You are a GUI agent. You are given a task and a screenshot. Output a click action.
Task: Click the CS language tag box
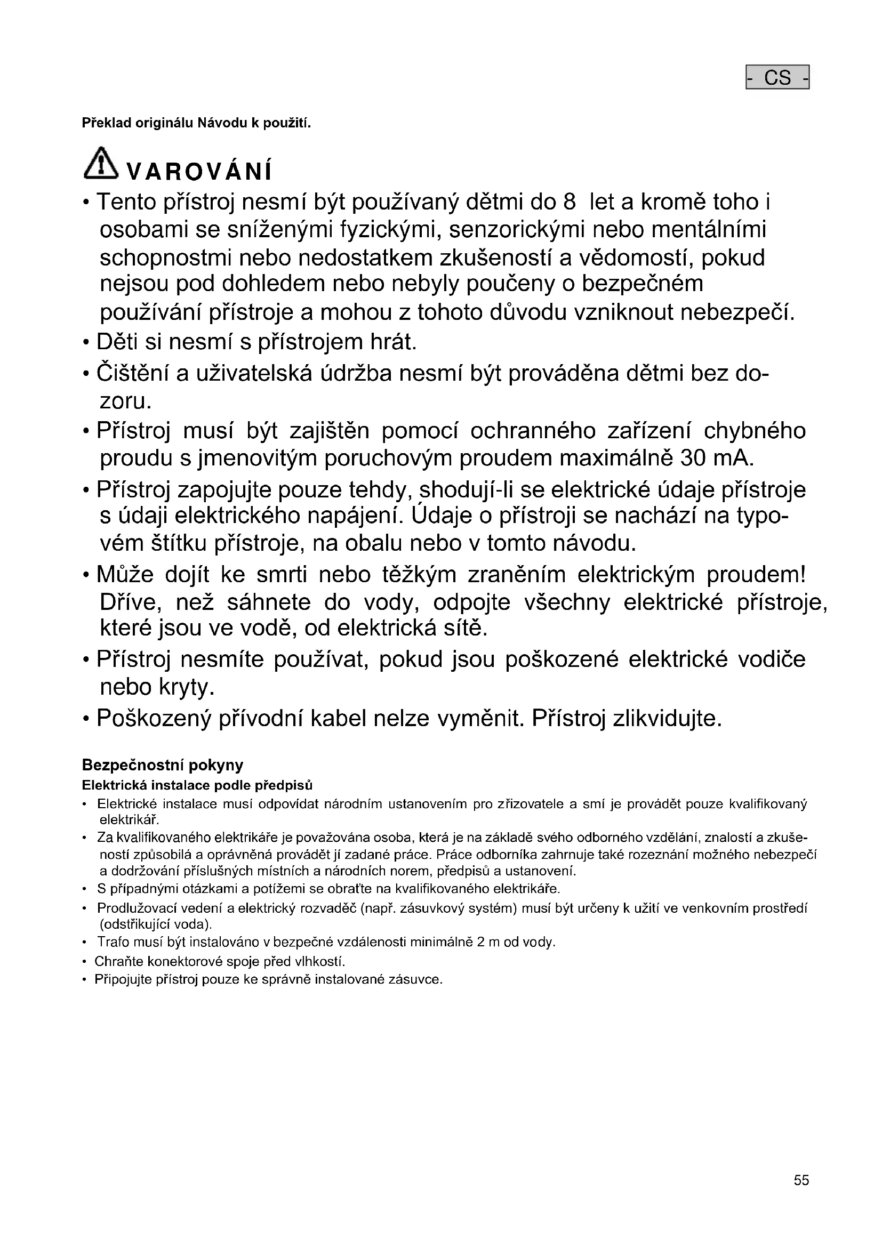[x=777, y=78]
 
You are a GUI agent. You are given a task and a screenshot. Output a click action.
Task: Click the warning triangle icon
[x=100, y=164]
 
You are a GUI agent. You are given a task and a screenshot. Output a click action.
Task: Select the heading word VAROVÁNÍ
[x=199, y=172]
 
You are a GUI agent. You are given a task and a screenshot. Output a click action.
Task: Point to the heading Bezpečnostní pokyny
[x=163, y=765]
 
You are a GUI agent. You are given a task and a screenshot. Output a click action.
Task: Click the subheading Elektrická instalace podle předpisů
[x=197, y=786]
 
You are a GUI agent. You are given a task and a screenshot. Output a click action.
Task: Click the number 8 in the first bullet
[x=569, y=203]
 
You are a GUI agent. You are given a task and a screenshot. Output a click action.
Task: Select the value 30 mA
[x=716, y=458]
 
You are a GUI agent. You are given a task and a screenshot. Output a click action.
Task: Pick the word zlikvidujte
[x=668, y=719]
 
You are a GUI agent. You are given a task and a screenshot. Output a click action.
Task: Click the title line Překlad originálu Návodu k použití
[x=196, y=123]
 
